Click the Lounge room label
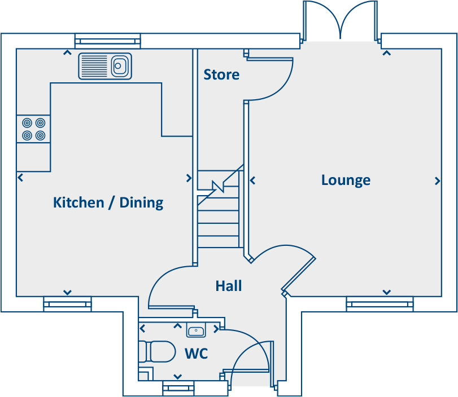(x=346, y=180)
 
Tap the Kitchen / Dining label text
(x=108, y=202)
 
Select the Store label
(x=221, y=74)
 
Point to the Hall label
(x=229, y=286)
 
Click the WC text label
(x=197, y=354)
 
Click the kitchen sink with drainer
(x=105, y=66)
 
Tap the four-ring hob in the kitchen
(x=33, y=129)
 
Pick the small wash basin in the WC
(x=195, y=331)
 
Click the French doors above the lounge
(x=340, y=21)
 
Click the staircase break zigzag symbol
(x=217, y=186)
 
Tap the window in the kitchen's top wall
(x=107, y=41)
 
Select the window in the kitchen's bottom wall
(x=67, y=304)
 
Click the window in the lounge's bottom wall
(x=380, y=304)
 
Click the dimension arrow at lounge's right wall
(x=437, y=181)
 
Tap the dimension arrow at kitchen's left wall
(x=20, y=178)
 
